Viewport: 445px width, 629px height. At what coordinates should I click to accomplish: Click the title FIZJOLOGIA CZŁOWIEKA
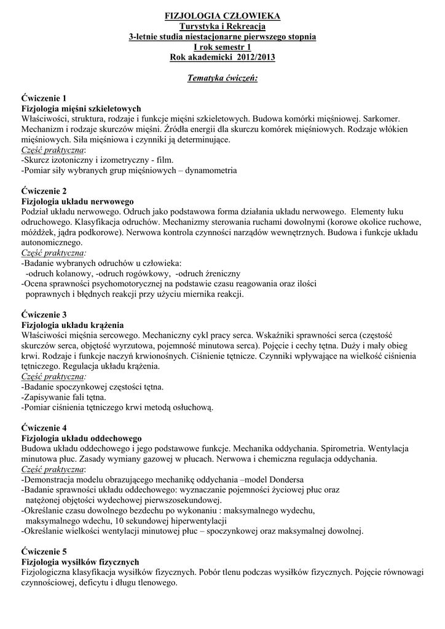[222, 15]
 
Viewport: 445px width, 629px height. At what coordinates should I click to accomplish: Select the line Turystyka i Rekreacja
[222, 26]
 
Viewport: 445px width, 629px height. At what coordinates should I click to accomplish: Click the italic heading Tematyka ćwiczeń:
[222, 79]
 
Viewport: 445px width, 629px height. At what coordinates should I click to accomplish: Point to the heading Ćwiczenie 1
[44, 98]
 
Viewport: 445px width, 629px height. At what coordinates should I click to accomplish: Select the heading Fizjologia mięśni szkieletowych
[81, 108]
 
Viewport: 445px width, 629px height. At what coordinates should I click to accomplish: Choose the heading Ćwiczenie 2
[44, 191]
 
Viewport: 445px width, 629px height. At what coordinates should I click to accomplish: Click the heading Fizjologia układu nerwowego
[77, 201]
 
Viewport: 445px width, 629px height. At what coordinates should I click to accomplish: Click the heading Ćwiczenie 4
[44, 428]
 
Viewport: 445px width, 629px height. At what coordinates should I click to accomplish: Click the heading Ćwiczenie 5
[44, 552]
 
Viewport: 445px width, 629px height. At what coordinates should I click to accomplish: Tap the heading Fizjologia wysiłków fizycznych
[81, 562]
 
